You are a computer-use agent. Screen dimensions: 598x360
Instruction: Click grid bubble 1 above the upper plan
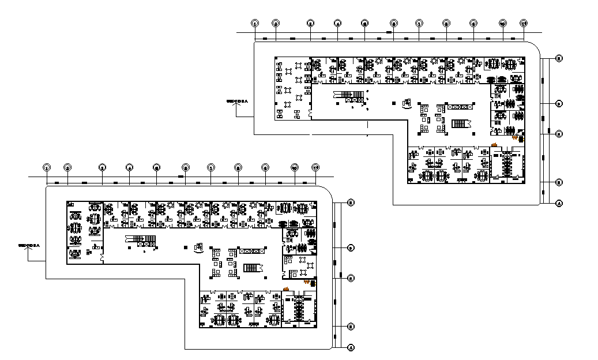(x=255, y=23)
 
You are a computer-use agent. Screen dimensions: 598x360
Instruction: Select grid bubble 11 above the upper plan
(x=524, y=23)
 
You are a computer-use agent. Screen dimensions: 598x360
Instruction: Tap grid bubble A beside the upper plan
(x=559, y=204)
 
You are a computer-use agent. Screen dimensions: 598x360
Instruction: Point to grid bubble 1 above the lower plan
(x=47, y=167)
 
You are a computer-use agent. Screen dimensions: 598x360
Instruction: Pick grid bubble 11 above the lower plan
(x=315, y=167)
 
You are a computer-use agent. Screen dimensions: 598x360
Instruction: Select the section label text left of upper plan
(x=236, y=101)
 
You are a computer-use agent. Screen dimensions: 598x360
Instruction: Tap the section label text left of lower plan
(x=29, y=245)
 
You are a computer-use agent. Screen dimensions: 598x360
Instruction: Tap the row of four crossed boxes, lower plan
(x=252, y=250)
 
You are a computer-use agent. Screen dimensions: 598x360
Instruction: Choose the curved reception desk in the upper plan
(x=407, y=104)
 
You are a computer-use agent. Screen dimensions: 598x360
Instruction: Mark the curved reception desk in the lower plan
(x=200, y=248)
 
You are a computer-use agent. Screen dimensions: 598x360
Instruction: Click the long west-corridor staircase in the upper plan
(x=348, y=94)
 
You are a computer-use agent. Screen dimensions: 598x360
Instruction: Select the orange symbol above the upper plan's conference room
(x=494, y=144)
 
